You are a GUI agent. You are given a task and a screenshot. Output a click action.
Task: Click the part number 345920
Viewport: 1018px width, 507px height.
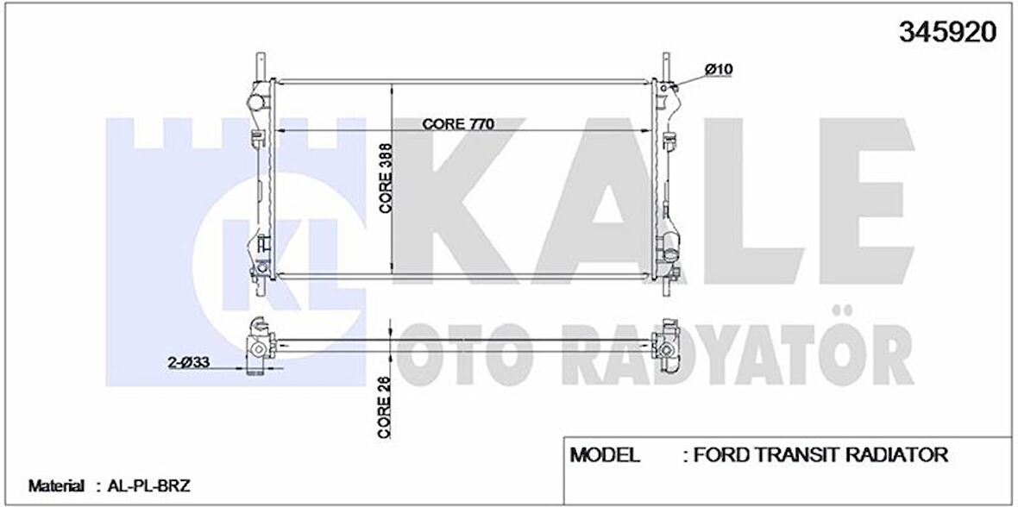[948, 32]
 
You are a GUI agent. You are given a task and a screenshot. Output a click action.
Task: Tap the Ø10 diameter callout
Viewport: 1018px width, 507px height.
[718, 68]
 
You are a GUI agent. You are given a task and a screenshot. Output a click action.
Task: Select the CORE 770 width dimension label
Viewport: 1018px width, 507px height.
[457, 123]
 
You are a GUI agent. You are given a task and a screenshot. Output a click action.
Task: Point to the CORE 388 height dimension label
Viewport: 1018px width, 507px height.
[386, 178]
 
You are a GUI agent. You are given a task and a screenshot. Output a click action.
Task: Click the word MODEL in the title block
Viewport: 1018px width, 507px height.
[605, 454]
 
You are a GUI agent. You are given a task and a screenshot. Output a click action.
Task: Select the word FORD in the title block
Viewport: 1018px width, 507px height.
[727, 454]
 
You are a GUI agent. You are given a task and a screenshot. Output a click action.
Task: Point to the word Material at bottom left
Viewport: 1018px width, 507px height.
[56, 486]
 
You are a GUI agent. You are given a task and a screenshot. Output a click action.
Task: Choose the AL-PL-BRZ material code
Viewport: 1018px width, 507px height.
[144, 486]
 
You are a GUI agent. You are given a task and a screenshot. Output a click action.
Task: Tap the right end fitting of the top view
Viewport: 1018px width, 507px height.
[667, 346]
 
